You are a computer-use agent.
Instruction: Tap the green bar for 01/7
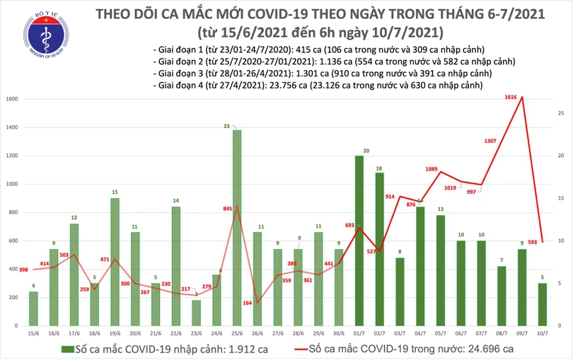359,240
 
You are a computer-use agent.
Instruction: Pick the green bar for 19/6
114,262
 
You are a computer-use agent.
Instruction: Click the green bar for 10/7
543,304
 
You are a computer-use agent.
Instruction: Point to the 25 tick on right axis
560,113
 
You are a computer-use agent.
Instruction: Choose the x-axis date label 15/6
33,334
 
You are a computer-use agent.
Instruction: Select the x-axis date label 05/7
441,334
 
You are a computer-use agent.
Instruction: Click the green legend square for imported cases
66,349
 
